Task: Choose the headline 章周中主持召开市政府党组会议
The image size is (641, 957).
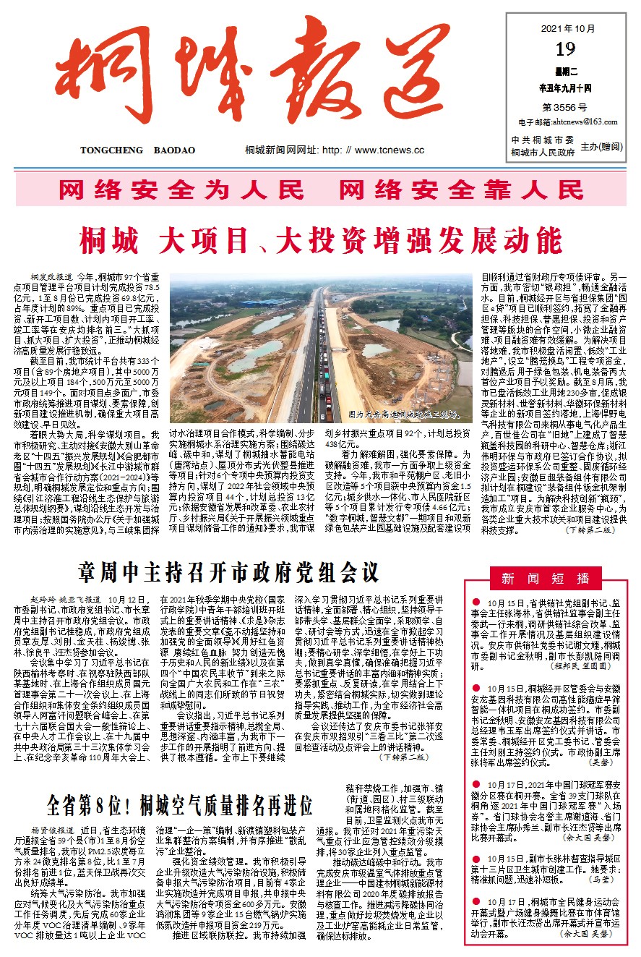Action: click(228, 571)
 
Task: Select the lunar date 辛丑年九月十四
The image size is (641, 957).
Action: click(566, 88)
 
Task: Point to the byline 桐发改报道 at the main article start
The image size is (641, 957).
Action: click(51, 276)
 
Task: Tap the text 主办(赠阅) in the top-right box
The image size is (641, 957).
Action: click(603, 145)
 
